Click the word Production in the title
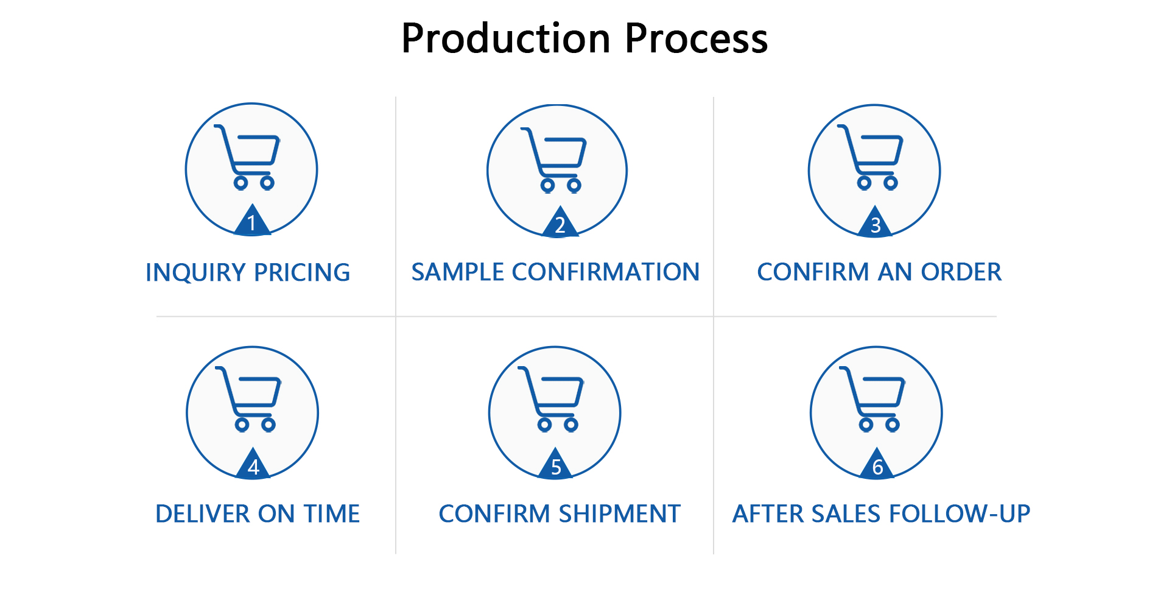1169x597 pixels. pyautogui.click(x=506, y=38)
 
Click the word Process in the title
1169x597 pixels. pyautogui.click(x=697, y=38)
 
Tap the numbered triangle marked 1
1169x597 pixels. pyautogui.click(x=252, y=221)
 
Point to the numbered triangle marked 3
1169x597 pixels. pyautogui.click(x=876, y=222)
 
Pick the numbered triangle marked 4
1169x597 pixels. pyautogui.click(x=253, y=464)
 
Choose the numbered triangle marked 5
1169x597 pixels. pyautogui.click(x=556, y=464)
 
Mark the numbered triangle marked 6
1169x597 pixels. pyautogui.click(x=877, y=464)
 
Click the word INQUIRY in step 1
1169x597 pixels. pyautogui.click(x=195, y=273)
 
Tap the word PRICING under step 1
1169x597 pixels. pyautogui.click(x=302, y=273)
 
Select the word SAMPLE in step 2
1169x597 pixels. pyautogui.click(x=458, y=272)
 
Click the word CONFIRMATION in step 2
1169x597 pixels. pyautogui.click(x=606, y=272)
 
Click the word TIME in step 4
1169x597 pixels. pyautogui.click(x=332, y=514)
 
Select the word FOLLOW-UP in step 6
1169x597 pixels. pyautogui.click(x=960, y=514)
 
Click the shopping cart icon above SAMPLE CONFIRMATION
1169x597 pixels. pyautogui.click(x=553, y=160)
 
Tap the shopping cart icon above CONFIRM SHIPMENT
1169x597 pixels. pyautogui.click(x=550, y=399)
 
